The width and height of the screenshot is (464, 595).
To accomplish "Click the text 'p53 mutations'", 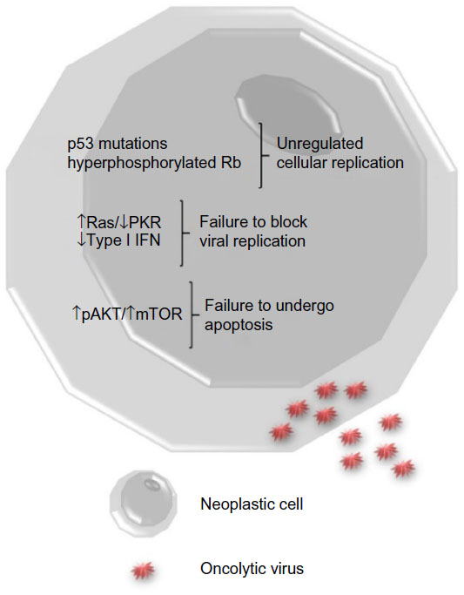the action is point(118,145).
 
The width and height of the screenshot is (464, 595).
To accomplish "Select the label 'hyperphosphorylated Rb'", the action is point(154,163).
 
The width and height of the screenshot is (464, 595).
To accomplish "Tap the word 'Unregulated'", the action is point(320,145).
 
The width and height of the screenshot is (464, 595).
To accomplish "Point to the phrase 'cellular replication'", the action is point(340,163).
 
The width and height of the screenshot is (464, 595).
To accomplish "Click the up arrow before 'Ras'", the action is point(82,221).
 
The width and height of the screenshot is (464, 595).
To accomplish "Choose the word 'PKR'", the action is point(145,222).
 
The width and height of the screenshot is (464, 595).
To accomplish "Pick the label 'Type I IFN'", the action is point(124,240).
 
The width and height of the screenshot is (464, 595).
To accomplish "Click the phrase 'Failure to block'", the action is point(253,222).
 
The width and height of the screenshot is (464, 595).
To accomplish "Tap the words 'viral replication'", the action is point(252,241).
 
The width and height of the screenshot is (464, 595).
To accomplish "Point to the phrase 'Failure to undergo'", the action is point(269,306).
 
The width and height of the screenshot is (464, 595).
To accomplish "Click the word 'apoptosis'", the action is point(239,325).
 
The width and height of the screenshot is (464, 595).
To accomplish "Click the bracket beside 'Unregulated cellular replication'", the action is point(262,155).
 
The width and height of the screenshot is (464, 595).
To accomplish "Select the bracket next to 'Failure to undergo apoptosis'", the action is point(192,314).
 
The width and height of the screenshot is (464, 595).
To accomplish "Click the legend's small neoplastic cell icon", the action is point(144,504).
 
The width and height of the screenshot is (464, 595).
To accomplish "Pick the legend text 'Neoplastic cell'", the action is point(252,504).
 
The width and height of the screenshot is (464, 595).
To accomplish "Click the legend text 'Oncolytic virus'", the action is point(252,569).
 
